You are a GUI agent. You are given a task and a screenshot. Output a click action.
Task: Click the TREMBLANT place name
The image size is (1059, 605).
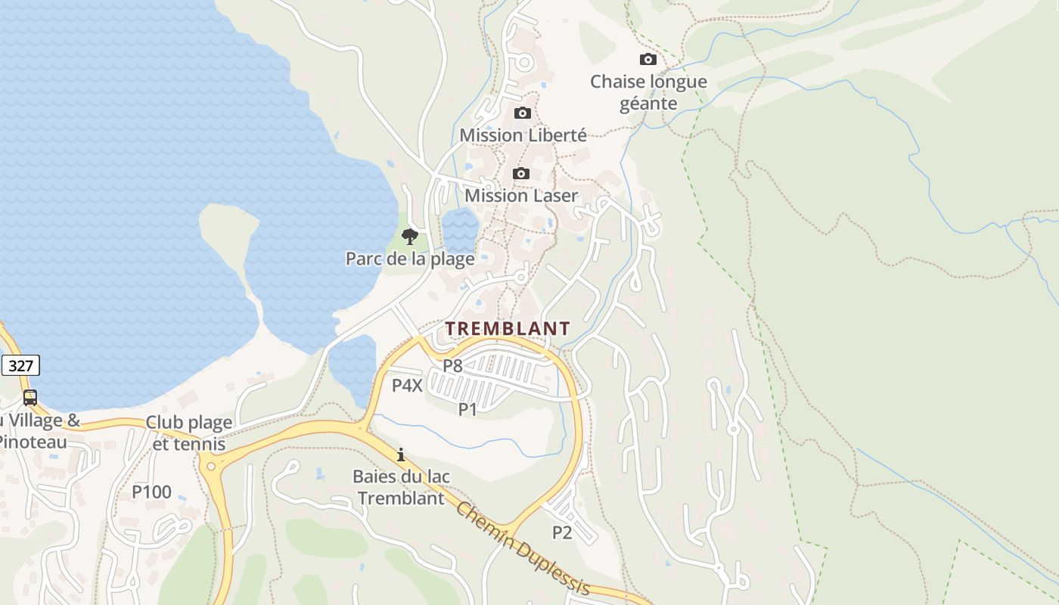point(507,328)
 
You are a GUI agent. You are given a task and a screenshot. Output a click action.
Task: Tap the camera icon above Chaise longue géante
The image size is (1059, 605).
point(648,59)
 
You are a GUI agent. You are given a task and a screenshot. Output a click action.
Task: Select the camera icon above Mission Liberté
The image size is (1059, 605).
point(522,113)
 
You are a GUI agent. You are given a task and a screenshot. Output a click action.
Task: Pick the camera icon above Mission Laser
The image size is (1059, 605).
point(520,174)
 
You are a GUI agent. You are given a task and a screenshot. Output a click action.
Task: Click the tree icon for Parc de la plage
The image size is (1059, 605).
point(409,237)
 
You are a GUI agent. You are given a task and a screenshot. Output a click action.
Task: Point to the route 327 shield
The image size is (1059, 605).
point(20,366)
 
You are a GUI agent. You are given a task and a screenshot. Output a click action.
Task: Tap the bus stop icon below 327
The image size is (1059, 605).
point(30,397)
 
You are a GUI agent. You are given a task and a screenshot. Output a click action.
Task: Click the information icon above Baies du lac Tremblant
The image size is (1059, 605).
point(401,455)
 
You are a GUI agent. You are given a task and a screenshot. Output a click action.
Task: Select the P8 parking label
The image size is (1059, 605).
point(452,365)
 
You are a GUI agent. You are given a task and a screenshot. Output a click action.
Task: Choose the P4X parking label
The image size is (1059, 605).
point(407,386)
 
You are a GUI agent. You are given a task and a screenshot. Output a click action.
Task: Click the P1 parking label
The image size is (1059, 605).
point(467,409)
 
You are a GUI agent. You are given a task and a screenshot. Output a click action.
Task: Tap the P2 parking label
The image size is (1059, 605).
point(562,532)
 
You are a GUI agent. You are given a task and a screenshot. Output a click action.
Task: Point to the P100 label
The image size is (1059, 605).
point(152,492)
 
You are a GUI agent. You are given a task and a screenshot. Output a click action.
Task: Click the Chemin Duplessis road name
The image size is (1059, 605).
point(523,548)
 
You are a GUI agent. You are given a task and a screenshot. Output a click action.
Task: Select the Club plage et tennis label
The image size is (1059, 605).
point(188,433)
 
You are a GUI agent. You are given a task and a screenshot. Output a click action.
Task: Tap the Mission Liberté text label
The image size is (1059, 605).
point(523,135)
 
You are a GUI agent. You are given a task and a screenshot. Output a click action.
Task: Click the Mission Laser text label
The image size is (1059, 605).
point(521,195)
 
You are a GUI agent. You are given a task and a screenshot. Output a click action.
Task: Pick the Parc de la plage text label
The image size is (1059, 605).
point(410,259)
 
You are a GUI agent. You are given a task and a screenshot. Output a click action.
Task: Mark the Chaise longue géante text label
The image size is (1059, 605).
point(648,92)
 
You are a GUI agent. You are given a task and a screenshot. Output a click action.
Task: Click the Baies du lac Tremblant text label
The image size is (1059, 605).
point(401,487)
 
